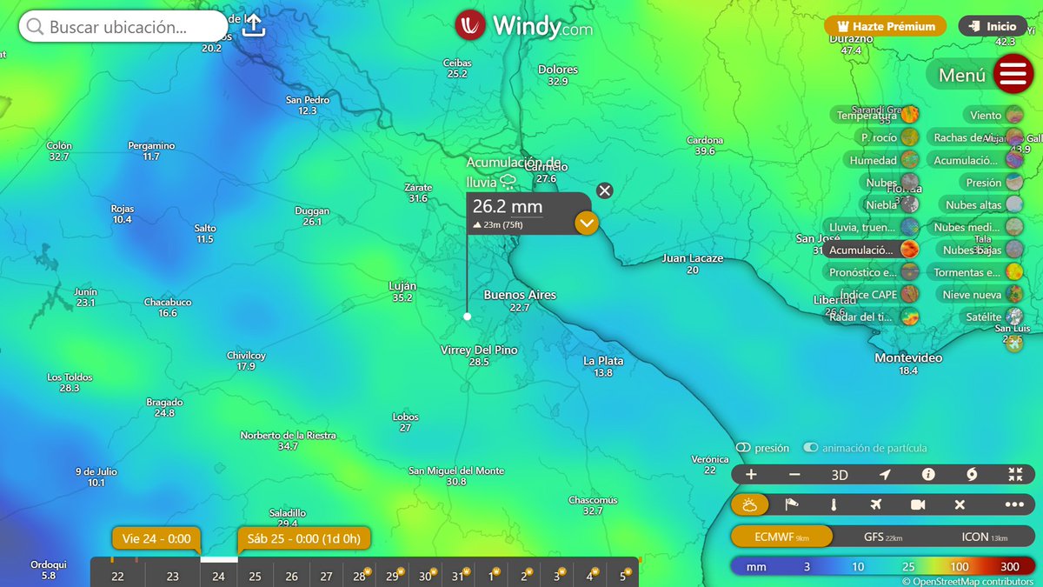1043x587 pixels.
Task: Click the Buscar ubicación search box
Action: (122, 27)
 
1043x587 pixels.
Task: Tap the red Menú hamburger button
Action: (1013, 75)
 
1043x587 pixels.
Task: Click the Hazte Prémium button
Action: (885, 26)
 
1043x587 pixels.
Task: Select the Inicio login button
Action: (992, 26)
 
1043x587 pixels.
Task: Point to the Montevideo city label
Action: (908, 358)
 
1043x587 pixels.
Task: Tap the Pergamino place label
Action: (151, 146)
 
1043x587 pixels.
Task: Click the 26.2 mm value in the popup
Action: (508, 207)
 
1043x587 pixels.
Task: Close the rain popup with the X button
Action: (605, 190)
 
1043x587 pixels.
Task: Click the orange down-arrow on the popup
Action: (587, 223)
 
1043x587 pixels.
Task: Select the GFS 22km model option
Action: (883, 537)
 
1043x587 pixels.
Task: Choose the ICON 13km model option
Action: (984, 537)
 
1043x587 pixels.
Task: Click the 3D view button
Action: (840, 475)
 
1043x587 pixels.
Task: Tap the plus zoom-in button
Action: (751, 475)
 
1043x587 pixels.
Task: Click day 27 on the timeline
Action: (326, 576)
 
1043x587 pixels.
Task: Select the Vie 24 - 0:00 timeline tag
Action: (156, 539)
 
